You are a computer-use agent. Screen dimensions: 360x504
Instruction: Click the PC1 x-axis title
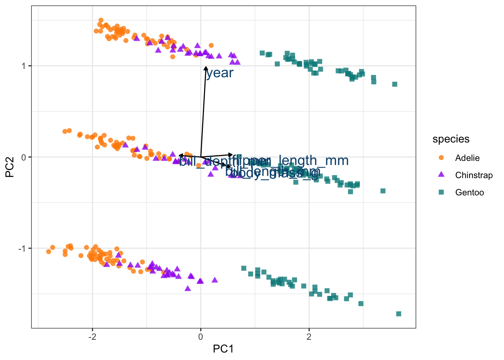pos(223,349)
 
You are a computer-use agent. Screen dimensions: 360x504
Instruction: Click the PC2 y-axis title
pos(10,167)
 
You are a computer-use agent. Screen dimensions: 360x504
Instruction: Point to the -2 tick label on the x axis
pos(92,336)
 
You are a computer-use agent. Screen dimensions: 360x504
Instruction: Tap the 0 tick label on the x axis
pos(201,336)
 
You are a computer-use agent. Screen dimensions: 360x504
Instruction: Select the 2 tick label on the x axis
pos(309,336)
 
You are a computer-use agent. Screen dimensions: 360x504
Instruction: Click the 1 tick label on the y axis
pos(24,66)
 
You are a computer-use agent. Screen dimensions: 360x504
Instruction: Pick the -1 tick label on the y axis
pos(22,249)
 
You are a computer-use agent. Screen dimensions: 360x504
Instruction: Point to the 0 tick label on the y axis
pos(24,157)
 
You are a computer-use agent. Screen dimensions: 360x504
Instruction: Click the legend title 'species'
pos(451,139)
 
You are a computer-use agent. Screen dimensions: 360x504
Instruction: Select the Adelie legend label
pos(467,158)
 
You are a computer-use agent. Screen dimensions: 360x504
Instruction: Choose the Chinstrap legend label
pos(474,175)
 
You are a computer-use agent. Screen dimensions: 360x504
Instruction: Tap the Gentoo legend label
pos(469,192)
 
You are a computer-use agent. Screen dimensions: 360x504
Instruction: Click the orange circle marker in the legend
pos(441,158)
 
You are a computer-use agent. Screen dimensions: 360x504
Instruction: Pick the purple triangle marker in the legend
pos(441,175)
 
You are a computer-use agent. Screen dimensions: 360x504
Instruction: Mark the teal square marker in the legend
pos(441,192)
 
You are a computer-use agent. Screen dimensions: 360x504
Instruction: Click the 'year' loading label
pos(220,73)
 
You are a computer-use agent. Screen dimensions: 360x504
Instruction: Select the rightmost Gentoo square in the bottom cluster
pos(399,314)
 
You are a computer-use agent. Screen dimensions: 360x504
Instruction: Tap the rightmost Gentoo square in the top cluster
pos(394,84)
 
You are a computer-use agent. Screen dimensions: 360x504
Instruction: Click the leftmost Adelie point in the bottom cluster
pos(48,252)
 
